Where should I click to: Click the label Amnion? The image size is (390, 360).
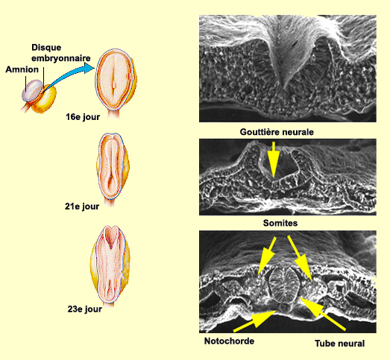(22, 69)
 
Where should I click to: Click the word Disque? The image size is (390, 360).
(46, 48)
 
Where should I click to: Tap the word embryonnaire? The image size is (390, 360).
(61, 58)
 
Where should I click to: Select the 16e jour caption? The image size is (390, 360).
(83, 117)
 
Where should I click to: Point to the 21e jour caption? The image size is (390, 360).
(82, 206)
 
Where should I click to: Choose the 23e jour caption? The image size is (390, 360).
(85, 309)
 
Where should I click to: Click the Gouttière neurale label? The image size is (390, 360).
(277, 132)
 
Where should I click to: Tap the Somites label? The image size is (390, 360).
(280, 223)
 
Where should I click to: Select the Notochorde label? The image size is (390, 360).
(229, 341)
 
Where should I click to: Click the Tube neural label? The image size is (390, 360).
(340, 344)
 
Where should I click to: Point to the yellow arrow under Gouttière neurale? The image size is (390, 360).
(274, 160)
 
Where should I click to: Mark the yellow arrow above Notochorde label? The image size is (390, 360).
(255, 321)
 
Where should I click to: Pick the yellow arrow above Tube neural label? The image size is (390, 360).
(322, 314)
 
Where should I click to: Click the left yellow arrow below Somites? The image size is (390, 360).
(267, 256)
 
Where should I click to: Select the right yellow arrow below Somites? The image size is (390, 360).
(300, 258)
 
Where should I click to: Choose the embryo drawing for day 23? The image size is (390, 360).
(110, 266)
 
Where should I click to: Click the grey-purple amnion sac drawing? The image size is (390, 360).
(32, 90)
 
